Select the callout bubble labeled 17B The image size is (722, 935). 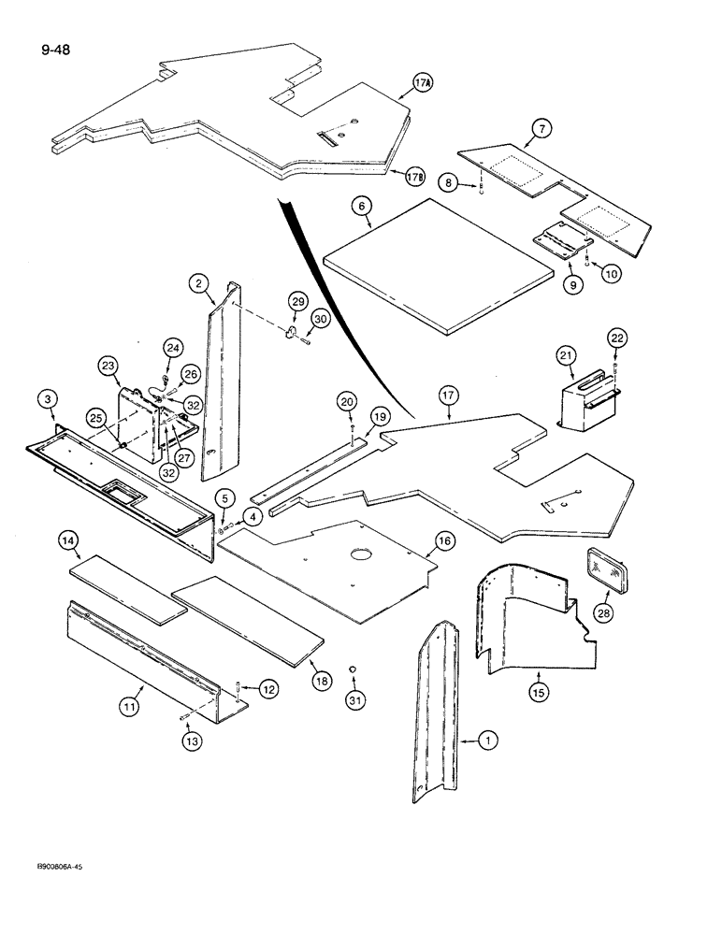pos(418,175)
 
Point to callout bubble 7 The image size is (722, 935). pos(541,128)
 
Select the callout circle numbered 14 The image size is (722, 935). pos(68,541)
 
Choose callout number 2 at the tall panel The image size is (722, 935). pos(197,283)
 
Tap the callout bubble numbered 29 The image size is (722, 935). pos(297,301)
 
